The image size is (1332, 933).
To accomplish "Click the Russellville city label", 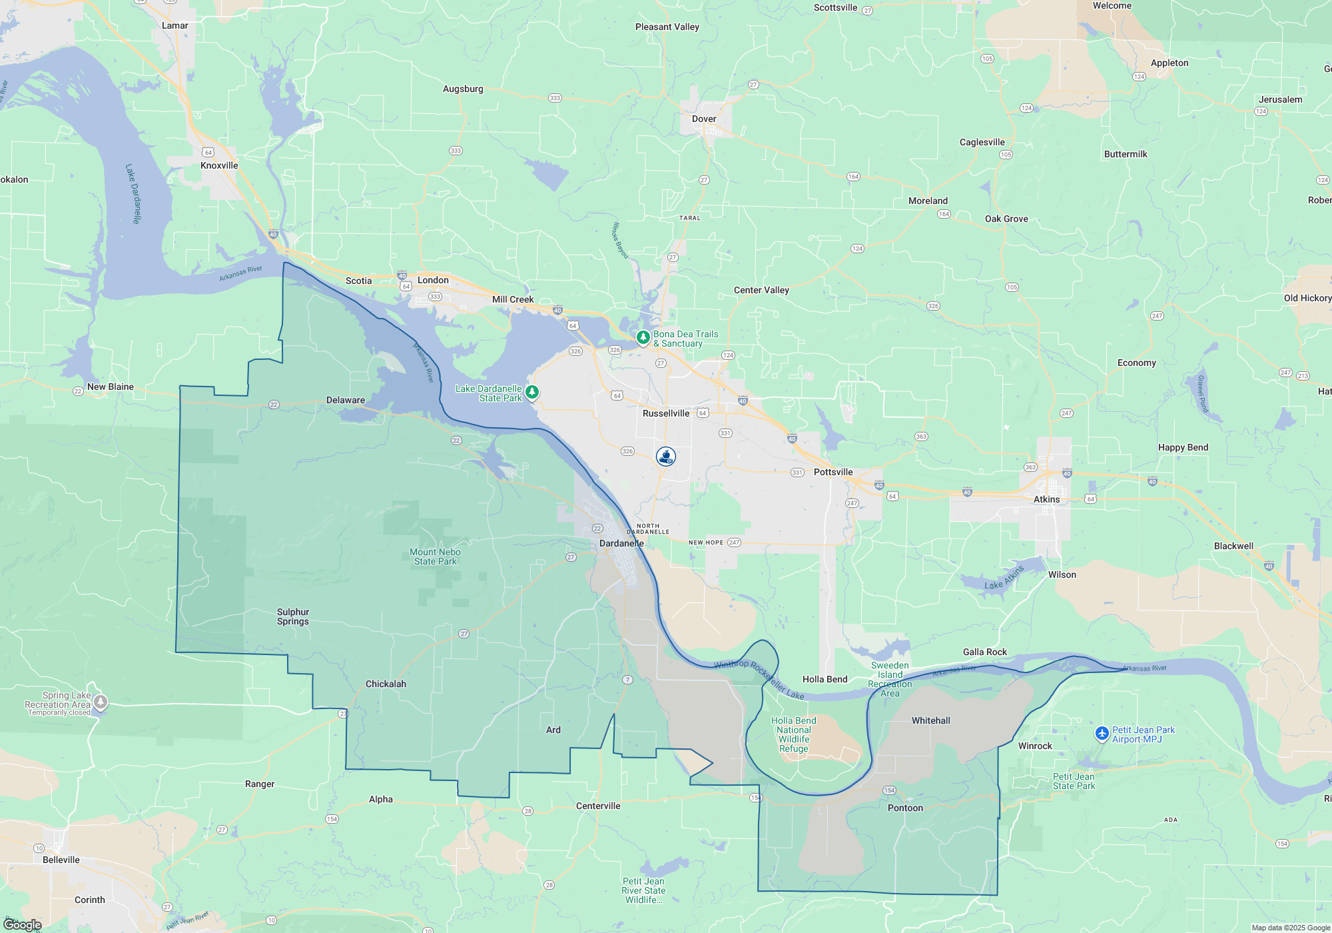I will [x=666, y=413].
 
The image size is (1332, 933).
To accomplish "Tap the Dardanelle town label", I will [x=621, y=543].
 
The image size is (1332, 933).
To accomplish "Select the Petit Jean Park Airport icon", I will [x=1102, y=734].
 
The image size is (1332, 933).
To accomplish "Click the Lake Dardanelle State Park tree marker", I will [x=532, y=392].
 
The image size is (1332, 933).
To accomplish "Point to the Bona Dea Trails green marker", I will [x=643, y=337].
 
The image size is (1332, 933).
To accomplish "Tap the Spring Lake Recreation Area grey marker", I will [x=101, y=701].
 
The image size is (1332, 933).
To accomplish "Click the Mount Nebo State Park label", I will [x=435, y=556].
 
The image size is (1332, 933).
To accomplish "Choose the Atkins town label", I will [x=1046, y=499].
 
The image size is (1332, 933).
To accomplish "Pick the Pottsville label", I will [x=833, y=472].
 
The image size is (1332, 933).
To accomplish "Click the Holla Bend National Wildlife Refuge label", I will [x=794, y=734].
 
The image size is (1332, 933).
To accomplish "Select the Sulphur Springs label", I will [x=293, y=616].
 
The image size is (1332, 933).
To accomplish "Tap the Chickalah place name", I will [x=386, y=684].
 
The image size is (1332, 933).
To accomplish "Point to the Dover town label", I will [x=704, y=119].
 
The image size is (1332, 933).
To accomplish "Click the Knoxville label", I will [x=219, y=165].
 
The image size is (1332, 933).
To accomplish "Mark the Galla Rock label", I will [x=985, y=652].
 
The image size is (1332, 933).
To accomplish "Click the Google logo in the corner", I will [x=23, y=925].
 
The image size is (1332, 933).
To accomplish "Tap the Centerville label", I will [x=598, y=806].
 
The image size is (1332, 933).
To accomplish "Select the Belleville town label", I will [x=61, y=860].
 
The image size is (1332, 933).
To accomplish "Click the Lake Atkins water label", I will [x=1004, y=578].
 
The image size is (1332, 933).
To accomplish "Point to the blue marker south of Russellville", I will [x=666, y=457].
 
